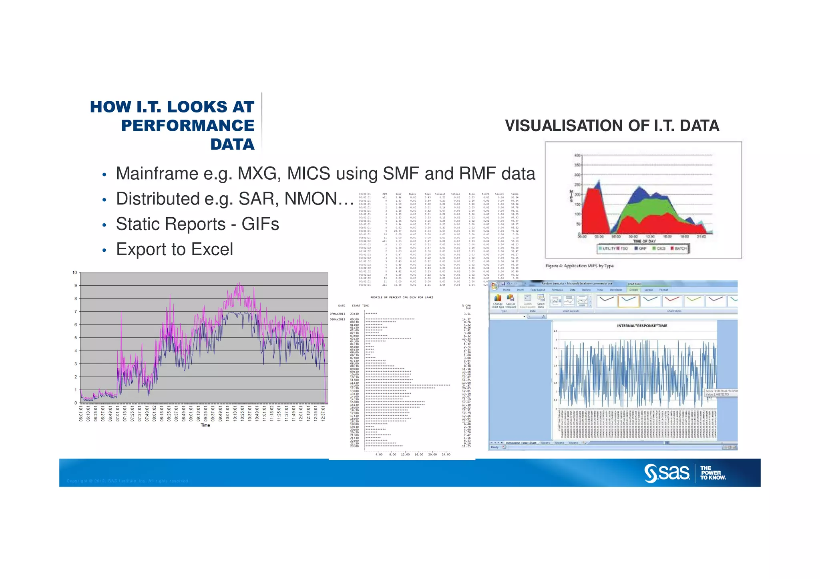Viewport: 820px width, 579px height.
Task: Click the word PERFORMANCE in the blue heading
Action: tap(187, 126)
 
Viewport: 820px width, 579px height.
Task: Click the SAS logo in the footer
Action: tap(667, 473)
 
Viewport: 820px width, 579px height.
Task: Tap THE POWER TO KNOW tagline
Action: tap(713, 473)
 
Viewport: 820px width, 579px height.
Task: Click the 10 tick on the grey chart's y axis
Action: tap(74, 273)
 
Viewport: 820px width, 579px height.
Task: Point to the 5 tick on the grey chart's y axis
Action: tap(75, 338)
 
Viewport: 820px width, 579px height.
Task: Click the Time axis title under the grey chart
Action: tap(205, 425)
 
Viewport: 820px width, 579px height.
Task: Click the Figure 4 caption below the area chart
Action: tap(579, 266)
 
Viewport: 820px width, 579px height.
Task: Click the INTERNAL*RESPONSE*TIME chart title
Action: tap(642, 326)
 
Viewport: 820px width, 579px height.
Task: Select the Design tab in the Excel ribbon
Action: tap(633, 290)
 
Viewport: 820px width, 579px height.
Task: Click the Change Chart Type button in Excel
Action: tap(498, 301)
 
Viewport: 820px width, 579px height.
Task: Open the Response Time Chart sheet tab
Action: tap(521, 443)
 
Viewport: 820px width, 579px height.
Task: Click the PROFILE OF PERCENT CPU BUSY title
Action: tap(402, 297)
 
